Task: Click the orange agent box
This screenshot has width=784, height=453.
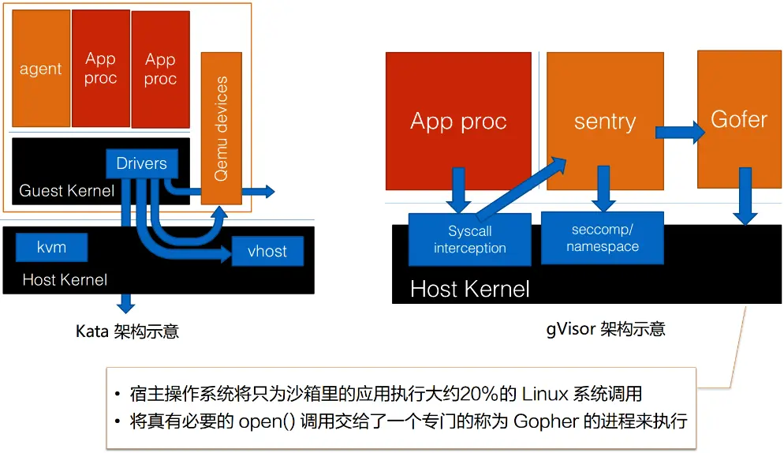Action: (x=40, y=69)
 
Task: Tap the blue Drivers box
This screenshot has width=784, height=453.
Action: (x=141, y=163)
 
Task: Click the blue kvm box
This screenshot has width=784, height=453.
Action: (x=51, y=247)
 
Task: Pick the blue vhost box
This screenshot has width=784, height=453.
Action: (x=267, y=252)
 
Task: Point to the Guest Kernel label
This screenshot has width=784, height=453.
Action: (x=66, y=191)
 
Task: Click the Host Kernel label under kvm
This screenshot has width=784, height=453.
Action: (x=65, y=279)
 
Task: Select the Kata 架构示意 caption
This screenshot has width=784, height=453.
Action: (x=127, y=331)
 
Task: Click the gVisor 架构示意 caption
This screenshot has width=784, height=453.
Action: (x=606, y=328)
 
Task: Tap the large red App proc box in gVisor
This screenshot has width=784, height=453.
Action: (x=458, y=122)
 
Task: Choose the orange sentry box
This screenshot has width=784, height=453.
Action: (x=604, y=121)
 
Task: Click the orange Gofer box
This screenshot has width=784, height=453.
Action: (x=738, y=119)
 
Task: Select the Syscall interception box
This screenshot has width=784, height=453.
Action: (x=469, y=239)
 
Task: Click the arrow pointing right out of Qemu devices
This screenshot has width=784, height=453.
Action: (x=259, y=191)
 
